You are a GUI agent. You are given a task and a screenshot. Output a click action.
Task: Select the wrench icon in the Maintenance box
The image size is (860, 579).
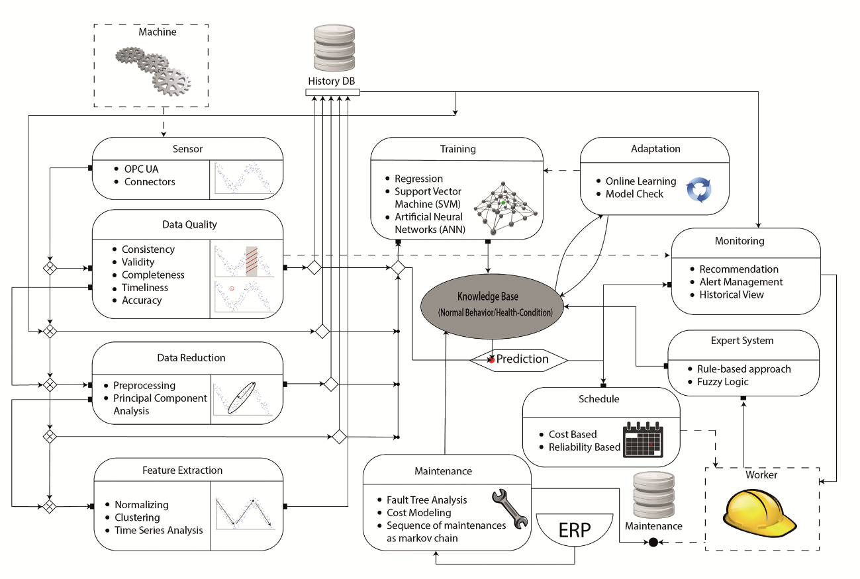pos(510,506)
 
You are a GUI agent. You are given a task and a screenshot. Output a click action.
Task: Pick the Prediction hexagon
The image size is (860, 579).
pos(519,359)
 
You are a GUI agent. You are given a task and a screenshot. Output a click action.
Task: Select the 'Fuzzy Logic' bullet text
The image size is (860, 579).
pos(722,382)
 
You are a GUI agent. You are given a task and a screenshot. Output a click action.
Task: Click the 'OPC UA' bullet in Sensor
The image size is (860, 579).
pos(143,169)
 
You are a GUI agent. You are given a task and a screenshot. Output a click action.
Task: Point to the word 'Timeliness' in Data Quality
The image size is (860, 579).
pos(144,288)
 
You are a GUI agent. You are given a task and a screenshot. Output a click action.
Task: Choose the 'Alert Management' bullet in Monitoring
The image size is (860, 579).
pos(741,282)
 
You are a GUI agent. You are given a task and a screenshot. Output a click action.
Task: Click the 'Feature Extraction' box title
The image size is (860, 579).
pos(182,470)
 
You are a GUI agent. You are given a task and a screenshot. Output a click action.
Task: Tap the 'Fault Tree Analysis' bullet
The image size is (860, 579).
pos(426,500)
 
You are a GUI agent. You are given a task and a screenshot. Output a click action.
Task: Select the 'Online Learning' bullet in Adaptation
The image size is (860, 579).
pos(640,181)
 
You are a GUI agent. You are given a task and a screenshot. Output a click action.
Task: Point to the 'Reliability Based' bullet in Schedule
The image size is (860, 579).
pos(584,447)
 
